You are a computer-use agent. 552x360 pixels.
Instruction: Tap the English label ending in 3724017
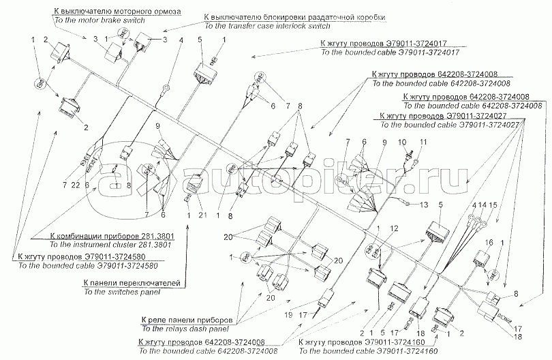tap(388, 52)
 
